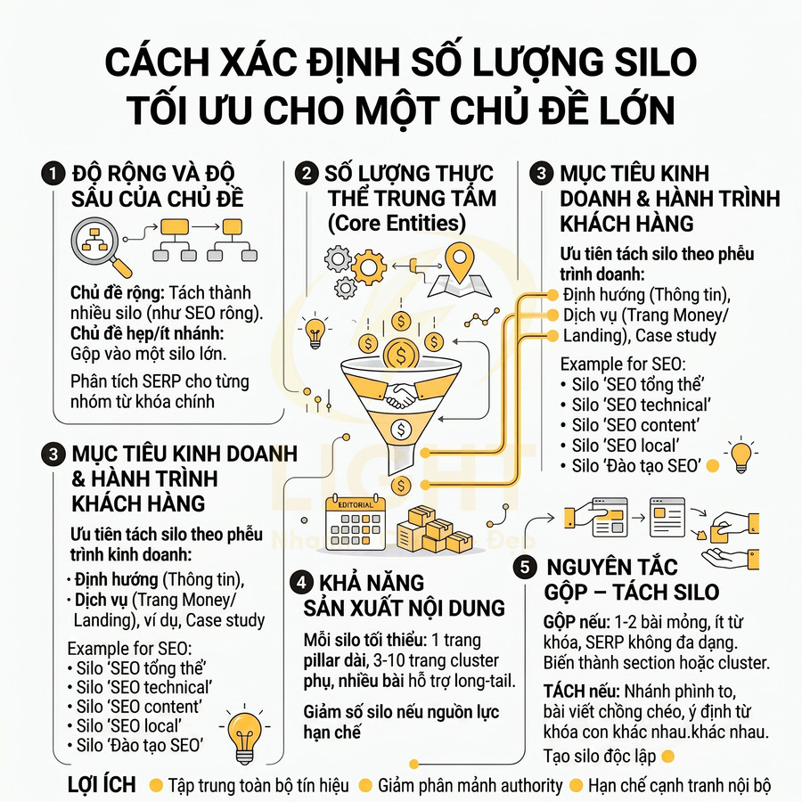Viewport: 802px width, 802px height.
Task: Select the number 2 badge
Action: coord(308,173)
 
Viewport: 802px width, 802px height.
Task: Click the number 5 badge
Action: coord(526,567)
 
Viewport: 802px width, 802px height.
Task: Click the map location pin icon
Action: coord(462,261)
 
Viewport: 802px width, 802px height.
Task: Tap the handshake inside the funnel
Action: coord(401,396)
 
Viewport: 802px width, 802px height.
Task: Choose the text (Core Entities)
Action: coord(397,223)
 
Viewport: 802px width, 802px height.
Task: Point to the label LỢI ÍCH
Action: coord(102,785)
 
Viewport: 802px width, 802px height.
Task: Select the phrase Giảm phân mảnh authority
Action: coord(470,785)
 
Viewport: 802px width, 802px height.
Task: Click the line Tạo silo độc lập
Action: coord(600,756)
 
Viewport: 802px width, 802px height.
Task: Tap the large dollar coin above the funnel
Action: coord(401,356)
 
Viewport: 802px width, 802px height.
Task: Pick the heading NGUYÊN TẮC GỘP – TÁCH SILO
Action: coord(631,579)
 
